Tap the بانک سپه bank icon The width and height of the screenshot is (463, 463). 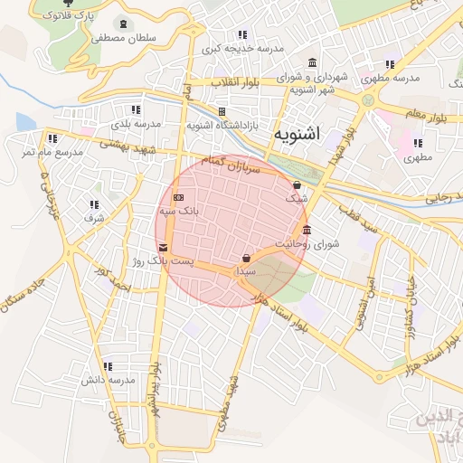[x=179, y=197]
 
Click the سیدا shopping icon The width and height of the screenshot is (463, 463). [x=247, y=258]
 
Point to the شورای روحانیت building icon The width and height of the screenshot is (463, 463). [x=307, y=229]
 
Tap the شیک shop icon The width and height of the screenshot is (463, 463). [x=298, y=184]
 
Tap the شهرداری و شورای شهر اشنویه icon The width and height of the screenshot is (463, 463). [x=312, y=63]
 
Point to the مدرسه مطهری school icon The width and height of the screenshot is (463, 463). [x=389, y=64]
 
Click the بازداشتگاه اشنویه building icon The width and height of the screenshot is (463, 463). [x=222, y=111]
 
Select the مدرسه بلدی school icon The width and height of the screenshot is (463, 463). [x=137, y=109]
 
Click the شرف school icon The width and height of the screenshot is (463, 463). [x=94, y=204]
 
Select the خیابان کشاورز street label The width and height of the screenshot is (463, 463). [x=411, y=298]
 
